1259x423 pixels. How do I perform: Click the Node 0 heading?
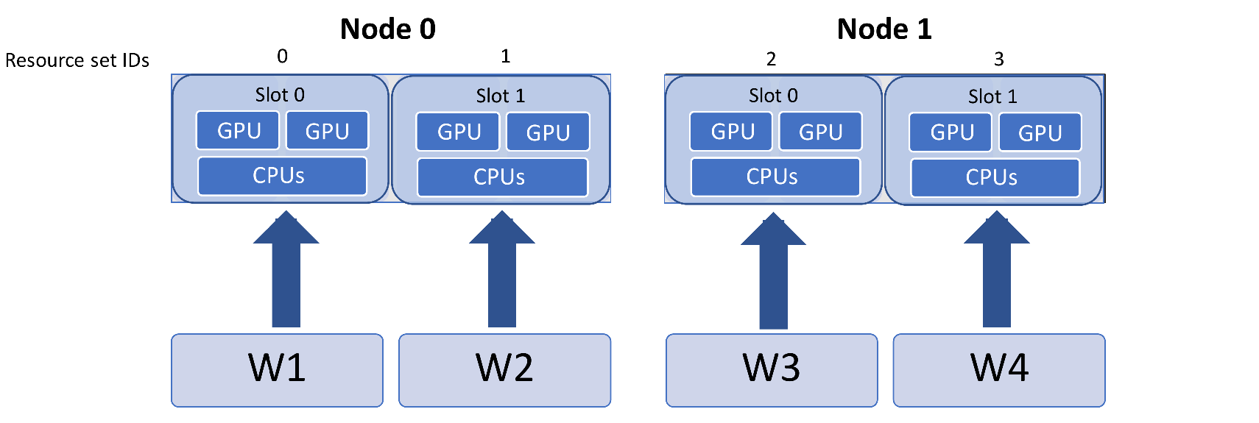387,29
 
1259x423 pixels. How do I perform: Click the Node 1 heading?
884,29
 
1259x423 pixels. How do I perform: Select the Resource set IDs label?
77,60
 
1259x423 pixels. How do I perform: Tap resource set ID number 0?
282,57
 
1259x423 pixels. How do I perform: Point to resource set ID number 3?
998,59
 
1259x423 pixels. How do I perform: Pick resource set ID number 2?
771,59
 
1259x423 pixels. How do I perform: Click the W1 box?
277,370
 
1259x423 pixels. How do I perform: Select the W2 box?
504,370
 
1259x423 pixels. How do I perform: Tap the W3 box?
772,370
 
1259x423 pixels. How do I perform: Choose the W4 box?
998,370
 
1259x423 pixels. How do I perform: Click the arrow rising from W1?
286,272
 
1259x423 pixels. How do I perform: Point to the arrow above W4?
996,272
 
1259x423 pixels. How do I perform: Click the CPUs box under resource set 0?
282,176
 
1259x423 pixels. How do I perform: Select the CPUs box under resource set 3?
995,177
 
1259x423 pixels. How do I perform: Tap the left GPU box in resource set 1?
458,132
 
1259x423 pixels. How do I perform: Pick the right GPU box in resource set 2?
819,132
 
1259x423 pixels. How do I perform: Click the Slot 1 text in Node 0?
500,96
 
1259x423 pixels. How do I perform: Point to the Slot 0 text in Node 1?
772,96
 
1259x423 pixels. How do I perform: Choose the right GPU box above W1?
327,131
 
